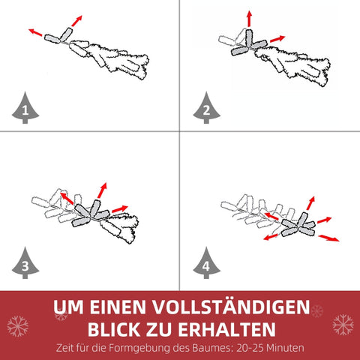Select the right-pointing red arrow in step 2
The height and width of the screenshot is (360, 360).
277,37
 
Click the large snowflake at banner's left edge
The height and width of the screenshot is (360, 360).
18,325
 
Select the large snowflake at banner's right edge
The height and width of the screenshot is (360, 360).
342,325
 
